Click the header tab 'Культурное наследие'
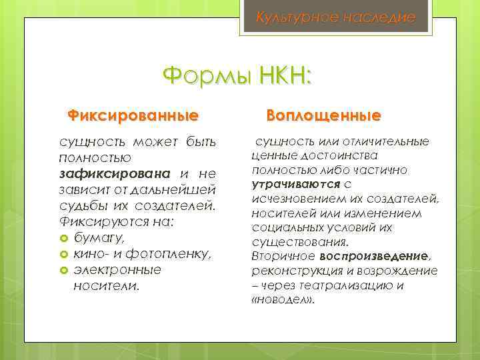[335, 17]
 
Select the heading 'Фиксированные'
[133, 116]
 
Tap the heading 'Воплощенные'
[323, 116]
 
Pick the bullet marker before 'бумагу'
[63, 238]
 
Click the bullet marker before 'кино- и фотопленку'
[63, 254]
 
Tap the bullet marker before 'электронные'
[63, 270]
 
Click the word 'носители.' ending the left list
[107, 286]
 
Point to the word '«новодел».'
[283, 300]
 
